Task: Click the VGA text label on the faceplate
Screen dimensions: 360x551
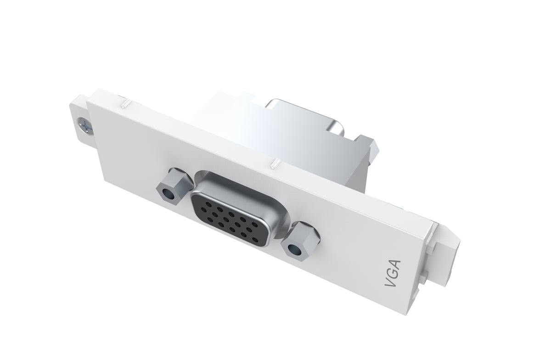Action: tap(393, 274)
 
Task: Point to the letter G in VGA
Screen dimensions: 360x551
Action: tap(393, 274)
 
